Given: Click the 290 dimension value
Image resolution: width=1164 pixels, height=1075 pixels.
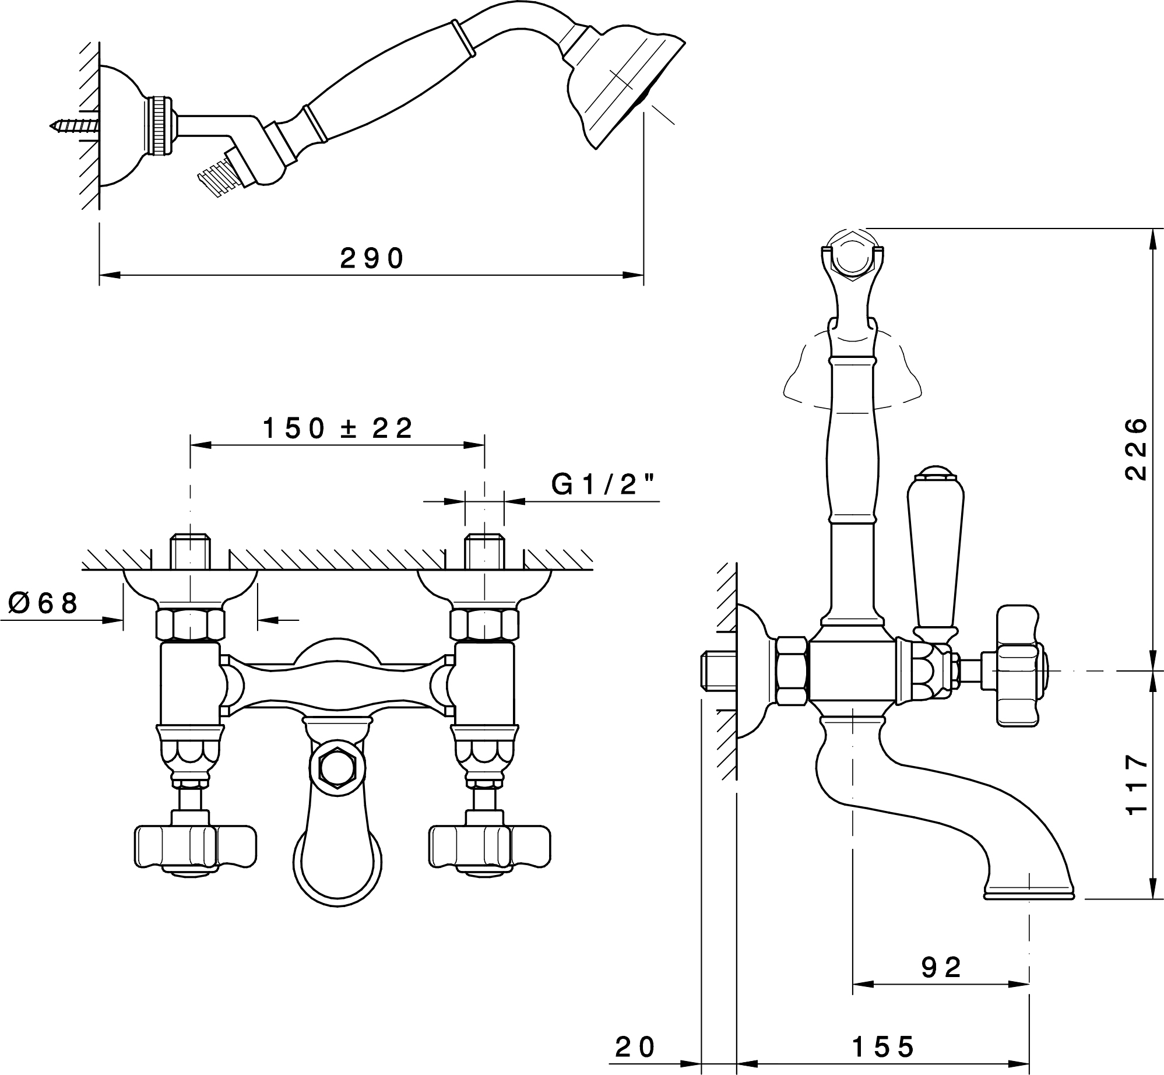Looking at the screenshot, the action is pyautogui.click(x=372, y=258).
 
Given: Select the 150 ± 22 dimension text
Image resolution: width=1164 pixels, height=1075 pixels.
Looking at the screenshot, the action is pyautogui.click(x=338, y=428).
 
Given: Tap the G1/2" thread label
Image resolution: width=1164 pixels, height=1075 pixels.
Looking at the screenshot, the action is pyautogui.click(x=603, y=484).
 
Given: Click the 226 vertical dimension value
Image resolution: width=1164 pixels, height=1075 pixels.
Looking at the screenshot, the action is pyautogui.click(x=1136, y=448).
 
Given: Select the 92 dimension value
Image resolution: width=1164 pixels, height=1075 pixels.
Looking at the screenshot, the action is pyautogui.click(x=941, y=968).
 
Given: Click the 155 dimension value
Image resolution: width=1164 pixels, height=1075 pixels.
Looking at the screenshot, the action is pyautogui.click(x=883, y=1047).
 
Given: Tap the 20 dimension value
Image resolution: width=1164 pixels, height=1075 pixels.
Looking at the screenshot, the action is pyautogui.click(x=636, y=1047).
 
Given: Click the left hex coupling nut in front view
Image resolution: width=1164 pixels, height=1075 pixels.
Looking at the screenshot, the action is pyautogui.click(x=191, y=624).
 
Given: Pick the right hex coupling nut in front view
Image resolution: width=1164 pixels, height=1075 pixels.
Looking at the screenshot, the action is pyautogui.click(x=484, y=624).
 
